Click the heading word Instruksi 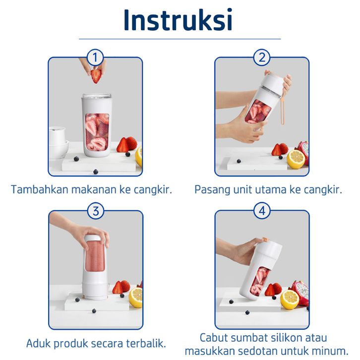(178, 20)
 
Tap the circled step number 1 (95, 58)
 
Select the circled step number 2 (262, 58)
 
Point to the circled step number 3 (96, 211)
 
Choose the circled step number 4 (262, 211)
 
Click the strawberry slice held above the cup (96, 75)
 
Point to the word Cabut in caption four (214, 338)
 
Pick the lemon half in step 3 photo (136, 298)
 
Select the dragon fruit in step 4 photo (300, 293)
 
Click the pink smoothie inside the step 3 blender (95, 255)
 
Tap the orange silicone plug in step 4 (266, 240)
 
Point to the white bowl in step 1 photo (59, 149)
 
